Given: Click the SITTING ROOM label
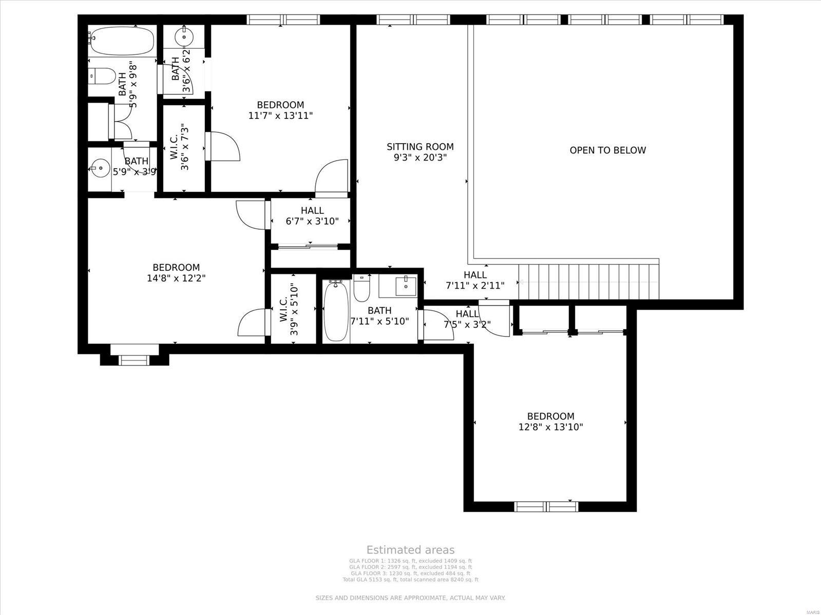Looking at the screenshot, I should coord(420,147).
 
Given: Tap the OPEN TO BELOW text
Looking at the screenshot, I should coord(607,150).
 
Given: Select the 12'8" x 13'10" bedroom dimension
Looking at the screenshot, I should coord(550,427).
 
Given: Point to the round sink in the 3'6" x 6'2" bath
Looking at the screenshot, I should coord(183,36).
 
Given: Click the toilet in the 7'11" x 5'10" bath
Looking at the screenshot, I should coord(361,289).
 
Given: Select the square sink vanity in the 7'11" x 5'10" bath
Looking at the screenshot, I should coord(405,285).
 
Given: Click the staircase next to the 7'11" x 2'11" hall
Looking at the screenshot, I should coord(588,282).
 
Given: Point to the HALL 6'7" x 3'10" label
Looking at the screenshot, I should coord(312,216).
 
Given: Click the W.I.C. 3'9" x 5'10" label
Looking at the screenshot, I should coord(289,310).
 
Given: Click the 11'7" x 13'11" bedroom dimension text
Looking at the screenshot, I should coord(280,116).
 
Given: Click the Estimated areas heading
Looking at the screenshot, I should coord(410,550).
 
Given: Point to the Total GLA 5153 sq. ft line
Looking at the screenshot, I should coord(410,580).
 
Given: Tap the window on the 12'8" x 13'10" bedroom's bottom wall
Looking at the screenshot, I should coord(546,507).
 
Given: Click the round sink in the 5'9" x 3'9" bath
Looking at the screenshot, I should coord(98,167).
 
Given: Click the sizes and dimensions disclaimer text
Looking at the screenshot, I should coord(410,598).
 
